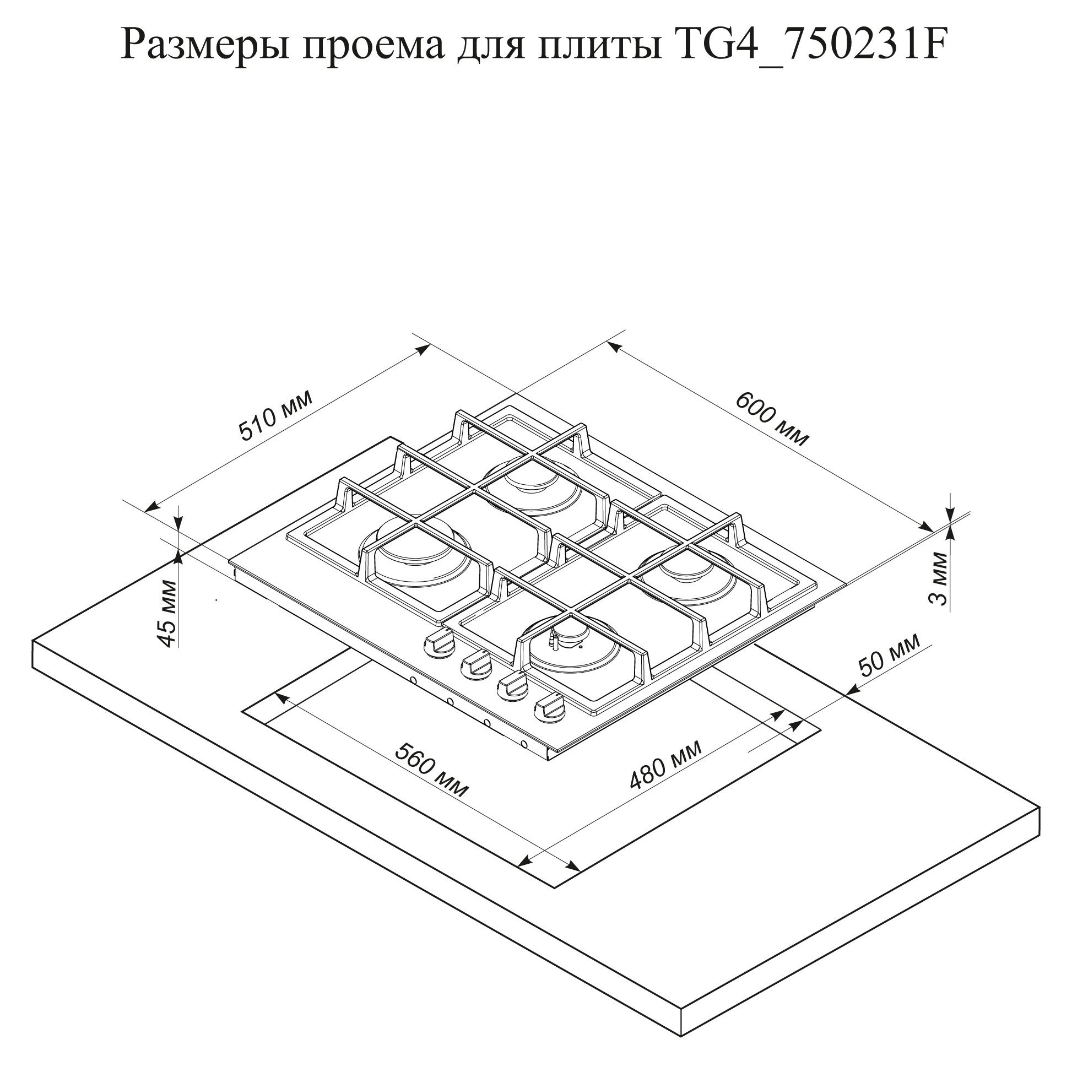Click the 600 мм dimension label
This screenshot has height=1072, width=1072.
(772, 419)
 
